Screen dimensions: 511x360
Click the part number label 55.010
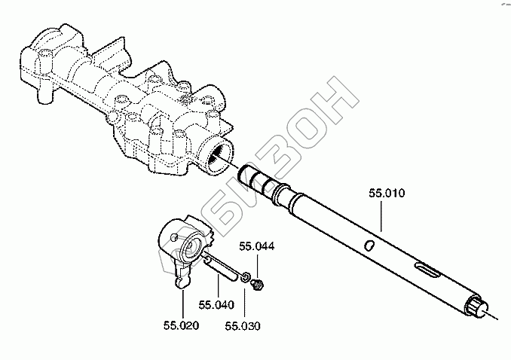pos(387,194)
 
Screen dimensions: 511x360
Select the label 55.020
pos(181,325)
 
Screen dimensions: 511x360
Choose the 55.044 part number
pos(257,246)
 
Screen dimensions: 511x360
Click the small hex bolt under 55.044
pos(259,284)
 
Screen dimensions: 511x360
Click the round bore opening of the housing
pos(219,156)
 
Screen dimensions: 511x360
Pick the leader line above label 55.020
pos(181,303)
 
